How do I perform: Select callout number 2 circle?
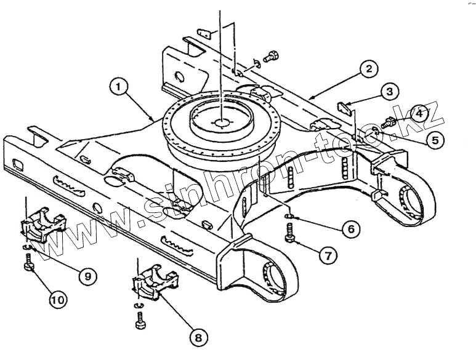(x=368, y=68)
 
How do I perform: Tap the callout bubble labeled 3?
(x=388, y=92)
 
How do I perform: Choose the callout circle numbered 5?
(x=435, y=140)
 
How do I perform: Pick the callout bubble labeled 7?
(x=327, y=255)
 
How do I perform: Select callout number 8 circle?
(x=198, y=337)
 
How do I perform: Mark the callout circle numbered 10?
(x=57, y=300)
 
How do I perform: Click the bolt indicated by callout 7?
(x=290, y=234)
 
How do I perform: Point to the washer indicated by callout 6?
(x=290, y=217)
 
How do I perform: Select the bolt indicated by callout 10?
(x=28, y=266)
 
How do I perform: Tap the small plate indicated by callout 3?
(x=346, y=106)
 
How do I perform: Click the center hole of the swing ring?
(x=220, y=121)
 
